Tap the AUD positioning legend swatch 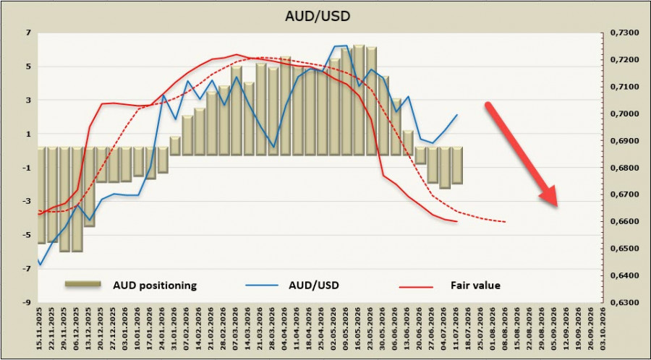[83, 283]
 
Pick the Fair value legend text [475, 286]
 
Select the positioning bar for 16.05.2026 [359, 100]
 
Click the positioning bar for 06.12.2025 [77, 199]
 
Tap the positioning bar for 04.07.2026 [445, 168]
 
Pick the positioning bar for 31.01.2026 [175, 146]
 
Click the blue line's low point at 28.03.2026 [273, 147]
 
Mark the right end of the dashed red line [506, 222]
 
